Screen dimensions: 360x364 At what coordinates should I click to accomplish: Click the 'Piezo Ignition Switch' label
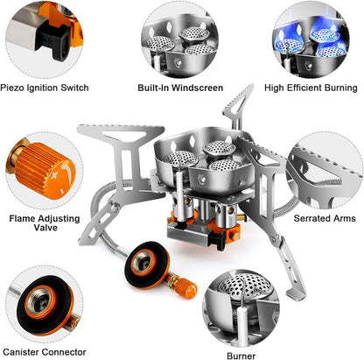(45, 88)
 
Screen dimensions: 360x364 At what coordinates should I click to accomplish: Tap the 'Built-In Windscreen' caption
(180, 88)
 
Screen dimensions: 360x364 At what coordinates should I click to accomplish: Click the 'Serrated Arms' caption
(324, 216)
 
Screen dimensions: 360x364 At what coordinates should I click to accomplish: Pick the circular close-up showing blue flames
(315, 40)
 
